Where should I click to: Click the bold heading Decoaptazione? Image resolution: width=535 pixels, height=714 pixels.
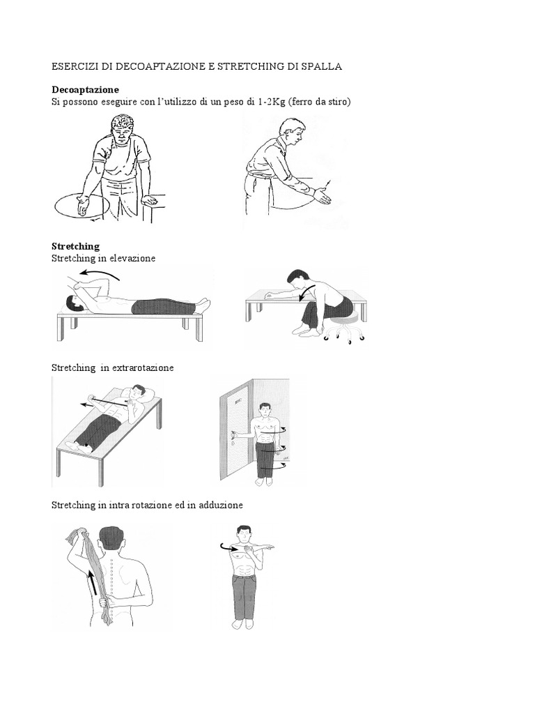[85, 90]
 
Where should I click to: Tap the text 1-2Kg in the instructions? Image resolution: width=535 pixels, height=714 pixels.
[271, 102]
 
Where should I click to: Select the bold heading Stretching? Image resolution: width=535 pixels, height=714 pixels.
[75, 246]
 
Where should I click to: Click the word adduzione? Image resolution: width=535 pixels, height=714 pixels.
[221, 505]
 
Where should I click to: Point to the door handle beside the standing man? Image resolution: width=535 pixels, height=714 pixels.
[234, 437]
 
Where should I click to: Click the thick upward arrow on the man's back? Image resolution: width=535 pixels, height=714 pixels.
[93, 582]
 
